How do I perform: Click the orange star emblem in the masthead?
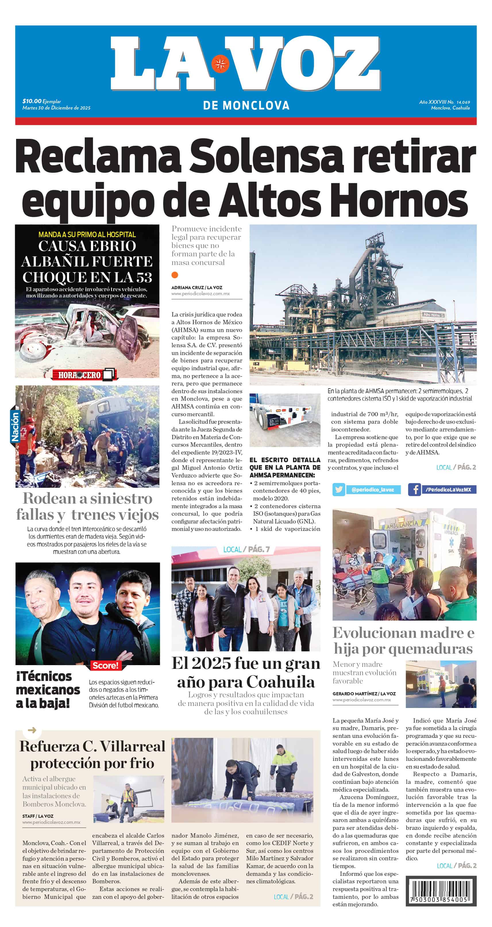[x=220, y=64]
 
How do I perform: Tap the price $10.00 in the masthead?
[x=32, y=101]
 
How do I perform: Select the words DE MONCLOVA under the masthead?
[x=246, y=105]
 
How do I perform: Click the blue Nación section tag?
[x=15, y=427]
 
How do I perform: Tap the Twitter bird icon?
[x=338, y=490]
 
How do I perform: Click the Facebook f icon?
[x=415, y=490]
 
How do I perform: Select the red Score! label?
[x=105, y=665]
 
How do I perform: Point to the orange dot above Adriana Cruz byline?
[x=175, y=275]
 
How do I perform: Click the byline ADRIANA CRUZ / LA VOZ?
[x=197, y=287]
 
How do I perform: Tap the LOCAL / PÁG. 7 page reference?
[x=246, y=550]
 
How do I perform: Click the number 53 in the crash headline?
[x=144, y=277]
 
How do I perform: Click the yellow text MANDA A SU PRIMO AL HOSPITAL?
[x=87, y=234]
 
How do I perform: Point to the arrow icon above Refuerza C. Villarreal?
[x=32, y=730]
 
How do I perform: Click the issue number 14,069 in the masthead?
[x=463, y=102]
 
